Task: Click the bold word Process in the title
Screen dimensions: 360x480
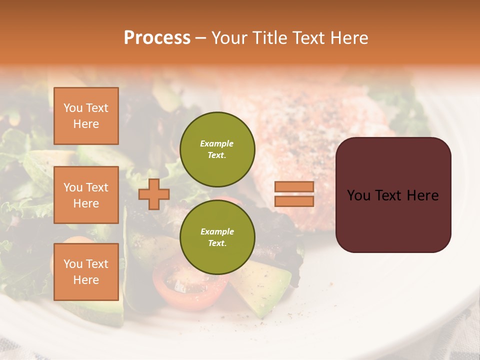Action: pyautogui.click(x=157, y=38)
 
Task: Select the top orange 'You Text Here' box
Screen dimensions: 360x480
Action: pyautogui.click(x=86, y=116)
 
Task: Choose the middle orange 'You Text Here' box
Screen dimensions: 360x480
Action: pyautogui.click(x=86, y=195)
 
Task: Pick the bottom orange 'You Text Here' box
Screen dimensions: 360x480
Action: pyautogui.click(x=86, y=271)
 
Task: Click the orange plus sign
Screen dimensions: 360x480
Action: pyautogui.click(x=154, y=194)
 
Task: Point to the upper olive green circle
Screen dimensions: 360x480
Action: pyautogui.click(x=217, y=149)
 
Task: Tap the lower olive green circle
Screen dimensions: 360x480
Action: pyautogui.click(x=217, y=237)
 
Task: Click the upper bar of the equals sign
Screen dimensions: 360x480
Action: pyautogui.click(x=294, y=187)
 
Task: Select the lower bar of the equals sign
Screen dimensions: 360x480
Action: pyautogui.click(x=294, y=201)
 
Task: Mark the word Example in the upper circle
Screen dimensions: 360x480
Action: pyautogui.click(x=217, y=143)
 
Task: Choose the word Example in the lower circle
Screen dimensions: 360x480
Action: pyautogui.click(x=217, y=231)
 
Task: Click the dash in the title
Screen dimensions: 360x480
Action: pyautogui.click(x=201, y=38)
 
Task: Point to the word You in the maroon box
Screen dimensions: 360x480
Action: pyautogui.click(x=358, y=195)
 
